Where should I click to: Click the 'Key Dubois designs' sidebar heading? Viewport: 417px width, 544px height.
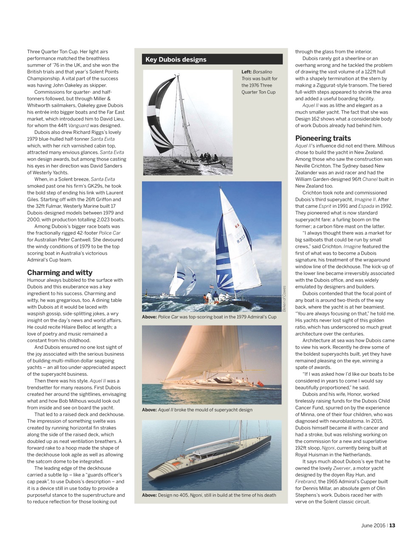tap(176, 59)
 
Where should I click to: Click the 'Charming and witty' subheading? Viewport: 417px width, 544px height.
tap(60, 272)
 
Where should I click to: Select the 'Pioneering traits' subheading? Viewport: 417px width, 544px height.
tap(323, 138)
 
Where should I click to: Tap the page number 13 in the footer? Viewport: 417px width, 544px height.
tap(392, 525)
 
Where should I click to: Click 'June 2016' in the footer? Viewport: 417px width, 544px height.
tap(373, 525)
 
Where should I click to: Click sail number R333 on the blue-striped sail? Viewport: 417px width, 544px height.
tap(241, 241)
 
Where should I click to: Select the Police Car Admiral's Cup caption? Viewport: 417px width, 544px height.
tap(209, 317)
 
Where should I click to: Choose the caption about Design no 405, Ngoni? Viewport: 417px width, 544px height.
tap(209, 495)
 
